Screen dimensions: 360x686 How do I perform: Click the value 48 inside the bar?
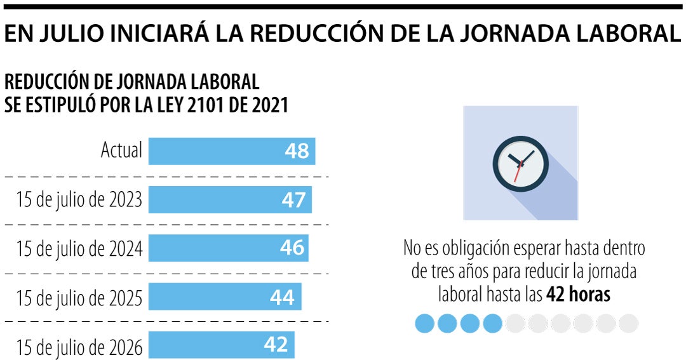click(x=297, y=151)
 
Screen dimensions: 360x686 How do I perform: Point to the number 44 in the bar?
click(x=282, y=297)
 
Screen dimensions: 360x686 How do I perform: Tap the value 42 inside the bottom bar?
click(x=276, y=345)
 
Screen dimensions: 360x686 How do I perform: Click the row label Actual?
click(x=121, y=151)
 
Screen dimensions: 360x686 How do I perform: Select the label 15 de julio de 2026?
click(x=79, y=347)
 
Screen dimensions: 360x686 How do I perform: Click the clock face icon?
click(x=520, y=163)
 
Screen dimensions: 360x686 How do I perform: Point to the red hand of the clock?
click(x=518, y=172)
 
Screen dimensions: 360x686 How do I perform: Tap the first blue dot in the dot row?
click(x=424, y=323)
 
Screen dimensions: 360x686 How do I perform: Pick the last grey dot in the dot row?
click(x=628, y=323)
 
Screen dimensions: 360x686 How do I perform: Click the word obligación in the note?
click(x=468, y=248)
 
